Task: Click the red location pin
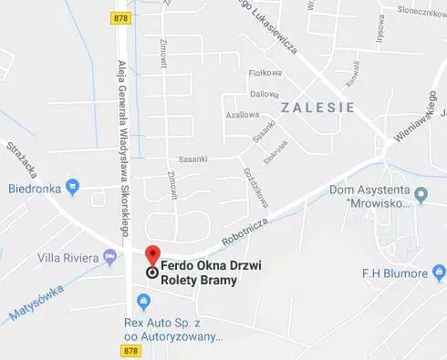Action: click(x=153, y=256)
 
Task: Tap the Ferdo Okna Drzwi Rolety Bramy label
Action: click(x=204, y=273)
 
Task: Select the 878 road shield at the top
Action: click(x=120, y=17)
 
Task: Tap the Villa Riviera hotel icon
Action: click(x=110, y=258)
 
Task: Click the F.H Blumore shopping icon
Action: click(x=439, y=271)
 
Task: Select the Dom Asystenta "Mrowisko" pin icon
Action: click(x=421, y=195)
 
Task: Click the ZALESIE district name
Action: click(x=317, y=106)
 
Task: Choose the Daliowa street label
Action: click(x=265, y=93)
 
